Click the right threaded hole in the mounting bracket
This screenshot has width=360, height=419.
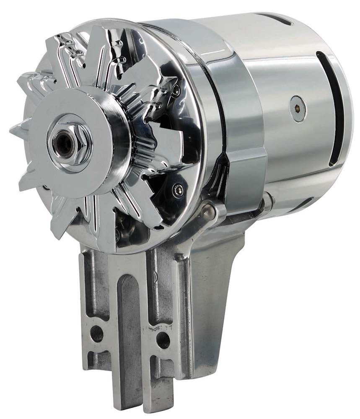pyautogui.click(x=163, y=339)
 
